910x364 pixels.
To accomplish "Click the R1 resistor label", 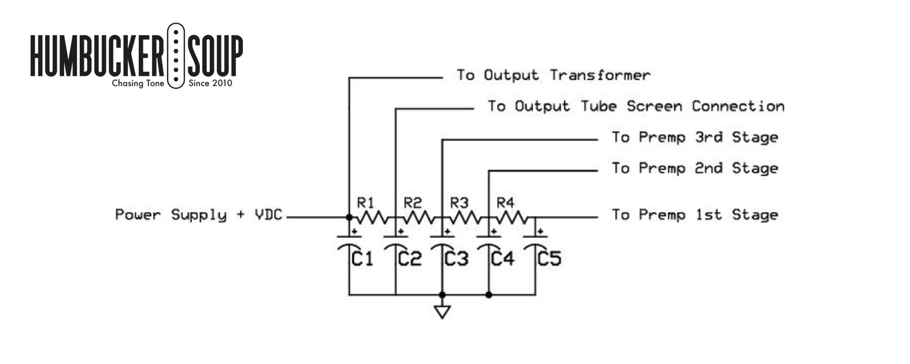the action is [365, 202].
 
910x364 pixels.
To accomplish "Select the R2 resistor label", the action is [412, 202].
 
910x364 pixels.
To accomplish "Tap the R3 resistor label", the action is [459, 202].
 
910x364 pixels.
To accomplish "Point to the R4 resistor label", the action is [505, 202].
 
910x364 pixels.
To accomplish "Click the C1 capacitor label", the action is [362, 258].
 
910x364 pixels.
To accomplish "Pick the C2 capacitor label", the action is [409, 258].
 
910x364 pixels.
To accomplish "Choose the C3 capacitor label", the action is [456, 258].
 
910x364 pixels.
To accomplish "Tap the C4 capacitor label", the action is [502, 258].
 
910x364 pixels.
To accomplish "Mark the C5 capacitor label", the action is [549, 258].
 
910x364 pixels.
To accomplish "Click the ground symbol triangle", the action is [442, 311].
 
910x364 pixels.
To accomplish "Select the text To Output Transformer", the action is [553, 75].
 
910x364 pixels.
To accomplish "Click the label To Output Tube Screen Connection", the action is [636, 106].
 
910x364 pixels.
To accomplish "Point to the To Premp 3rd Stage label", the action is [695, 137].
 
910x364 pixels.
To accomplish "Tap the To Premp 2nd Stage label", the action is [695, 168].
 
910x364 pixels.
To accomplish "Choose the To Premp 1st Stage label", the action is [695, 215].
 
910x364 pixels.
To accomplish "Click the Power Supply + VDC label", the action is [198, 215].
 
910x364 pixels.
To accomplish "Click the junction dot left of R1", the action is [349, 217].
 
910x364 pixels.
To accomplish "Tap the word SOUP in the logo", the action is [215, 55].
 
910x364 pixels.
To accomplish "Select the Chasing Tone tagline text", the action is [138, 84].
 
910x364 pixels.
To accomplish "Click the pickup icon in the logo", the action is [176, 55].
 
